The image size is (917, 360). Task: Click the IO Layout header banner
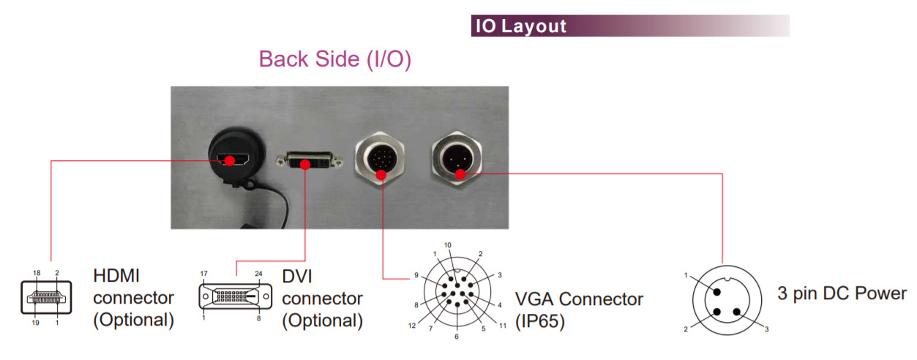(x=629, y=26)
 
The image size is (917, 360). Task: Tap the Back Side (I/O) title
(x=335, y=60)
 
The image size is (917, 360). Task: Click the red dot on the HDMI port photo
(x=230, y=160)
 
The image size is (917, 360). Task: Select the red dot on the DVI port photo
(x=304, y=162)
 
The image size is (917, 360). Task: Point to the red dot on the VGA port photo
(x=381, y=175)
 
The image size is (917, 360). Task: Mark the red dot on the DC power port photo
(x=460, y=173)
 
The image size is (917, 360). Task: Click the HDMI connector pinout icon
(x=45, y=298)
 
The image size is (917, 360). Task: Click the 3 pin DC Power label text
(x=842, y=294)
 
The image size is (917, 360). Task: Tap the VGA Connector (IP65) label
(x=579, y=309)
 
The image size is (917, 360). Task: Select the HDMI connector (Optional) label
(x=134, y=298)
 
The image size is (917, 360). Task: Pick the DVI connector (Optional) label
(x=323, y=298)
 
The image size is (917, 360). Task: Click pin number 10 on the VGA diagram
(x=447, y=245)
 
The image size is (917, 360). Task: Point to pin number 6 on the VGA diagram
(x=456, y=337)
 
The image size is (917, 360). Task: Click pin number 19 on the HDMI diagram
(x=35, y=323)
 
